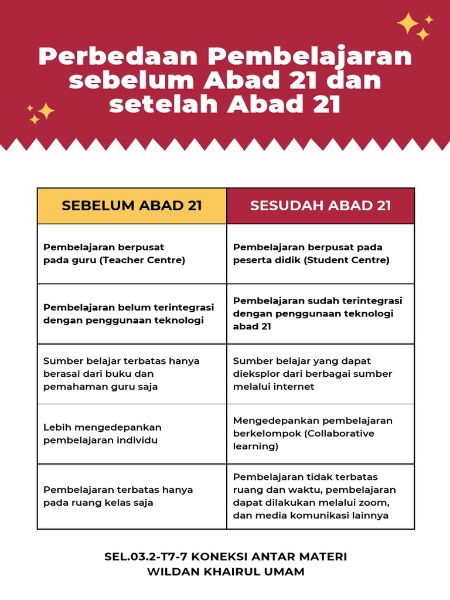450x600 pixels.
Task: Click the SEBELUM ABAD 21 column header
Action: (x=132, y=206)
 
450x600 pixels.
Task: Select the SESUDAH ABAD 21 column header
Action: (x=321, y=206)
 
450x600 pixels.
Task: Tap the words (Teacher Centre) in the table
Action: (x=142, y=260)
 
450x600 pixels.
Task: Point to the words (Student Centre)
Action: (x=346, y=260)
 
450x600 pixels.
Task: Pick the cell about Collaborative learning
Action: (x=321, y=434)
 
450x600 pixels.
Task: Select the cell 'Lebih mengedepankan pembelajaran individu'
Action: (x=132, y=434)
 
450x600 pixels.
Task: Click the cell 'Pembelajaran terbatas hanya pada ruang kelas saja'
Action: (x=132, y=496)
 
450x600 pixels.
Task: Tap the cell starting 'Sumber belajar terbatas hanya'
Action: (x=132, y=374)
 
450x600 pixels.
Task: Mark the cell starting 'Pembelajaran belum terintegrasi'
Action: (x=132, y=313)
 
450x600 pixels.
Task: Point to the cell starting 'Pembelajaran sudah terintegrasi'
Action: (x=321, y=313)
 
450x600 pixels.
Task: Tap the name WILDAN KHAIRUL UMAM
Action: (x=226, y=571)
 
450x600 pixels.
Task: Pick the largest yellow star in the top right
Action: (x=407, y=23)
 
